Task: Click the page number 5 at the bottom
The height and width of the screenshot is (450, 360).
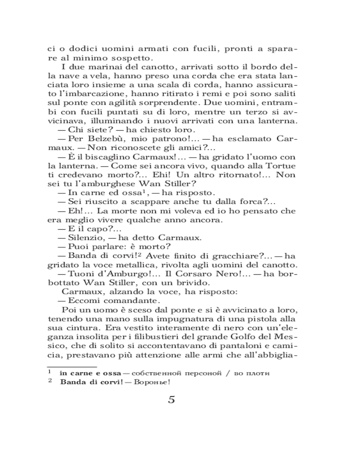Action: tap(171, 400)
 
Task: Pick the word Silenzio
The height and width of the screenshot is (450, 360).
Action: tap(84, 237)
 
